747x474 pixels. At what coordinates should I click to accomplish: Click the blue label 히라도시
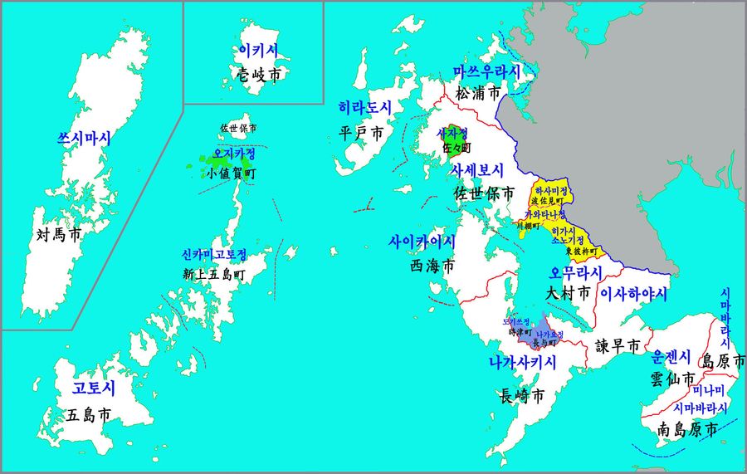364,108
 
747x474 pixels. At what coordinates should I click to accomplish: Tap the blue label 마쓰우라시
486,71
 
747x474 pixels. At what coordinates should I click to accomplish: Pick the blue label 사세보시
477,170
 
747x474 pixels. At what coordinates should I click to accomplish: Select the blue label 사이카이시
422,242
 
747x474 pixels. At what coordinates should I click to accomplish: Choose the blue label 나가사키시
522,362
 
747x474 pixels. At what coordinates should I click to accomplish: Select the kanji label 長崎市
523,396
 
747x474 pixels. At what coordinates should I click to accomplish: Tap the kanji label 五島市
89,414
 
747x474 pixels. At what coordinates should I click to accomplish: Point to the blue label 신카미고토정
214,254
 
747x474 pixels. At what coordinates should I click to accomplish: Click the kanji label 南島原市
687,430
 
